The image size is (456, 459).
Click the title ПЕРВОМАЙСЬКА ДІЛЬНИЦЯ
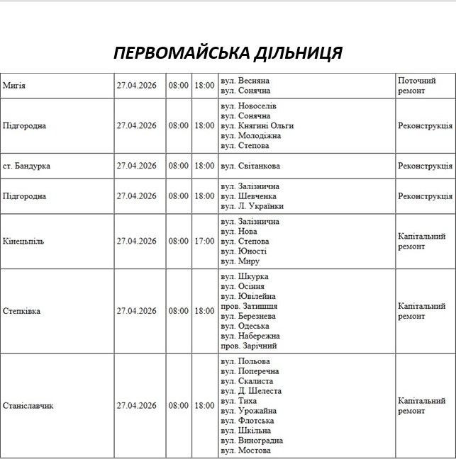[228, 53]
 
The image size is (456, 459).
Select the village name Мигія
[14, 86]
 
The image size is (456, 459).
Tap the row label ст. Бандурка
[27, 166]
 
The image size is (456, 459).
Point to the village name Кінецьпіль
[23, 241]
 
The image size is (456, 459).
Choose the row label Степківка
[23, 311]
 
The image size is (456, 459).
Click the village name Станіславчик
[28, 406]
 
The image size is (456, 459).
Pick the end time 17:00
[204, 241]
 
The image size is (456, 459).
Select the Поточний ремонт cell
[417, 86]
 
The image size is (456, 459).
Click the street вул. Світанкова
[250, 166]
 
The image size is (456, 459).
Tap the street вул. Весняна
[245, 81]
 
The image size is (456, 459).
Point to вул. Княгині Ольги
[257, 125]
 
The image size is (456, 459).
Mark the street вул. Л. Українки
[252, 206]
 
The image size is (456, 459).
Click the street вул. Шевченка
[248, 196]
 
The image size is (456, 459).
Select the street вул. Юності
[243, 251]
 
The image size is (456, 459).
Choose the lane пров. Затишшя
[249, 306]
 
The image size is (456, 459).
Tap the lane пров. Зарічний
[248, 346]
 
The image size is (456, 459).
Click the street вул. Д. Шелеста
[251, 391]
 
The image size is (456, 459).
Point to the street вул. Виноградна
[251, 441]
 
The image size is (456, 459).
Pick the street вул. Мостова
[245, 450]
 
